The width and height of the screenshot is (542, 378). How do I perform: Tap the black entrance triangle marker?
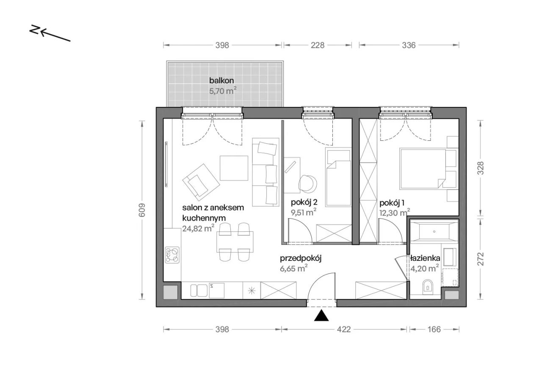pos(321,315)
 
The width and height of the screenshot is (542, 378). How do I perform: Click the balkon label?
pos(221,80)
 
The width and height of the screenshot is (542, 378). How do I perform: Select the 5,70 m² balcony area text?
pos(223,90)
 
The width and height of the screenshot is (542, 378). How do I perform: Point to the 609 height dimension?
pos(141,210)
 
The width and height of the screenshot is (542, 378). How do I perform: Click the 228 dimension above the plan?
pos(318,45)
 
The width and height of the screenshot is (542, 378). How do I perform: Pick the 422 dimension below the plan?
pos(343,329)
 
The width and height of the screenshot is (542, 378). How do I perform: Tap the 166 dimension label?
pos(434,329)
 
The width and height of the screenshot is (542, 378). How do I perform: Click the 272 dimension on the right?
pos(481,259)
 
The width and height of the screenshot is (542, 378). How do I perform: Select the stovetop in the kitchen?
pos(172,255)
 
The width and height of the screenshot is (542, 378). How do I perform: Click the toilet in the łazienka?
pos(428,288)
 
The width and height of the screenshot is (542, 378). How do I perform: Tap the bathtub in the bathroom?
pos(434,232)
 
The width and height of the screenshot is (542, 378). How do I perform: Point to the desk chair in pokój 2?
pos(308,183)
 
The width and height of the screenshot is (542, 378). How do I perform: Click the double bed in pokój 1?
pos(423,168)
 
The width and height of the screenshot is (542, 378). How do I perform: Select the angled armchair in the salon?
pos(201,182)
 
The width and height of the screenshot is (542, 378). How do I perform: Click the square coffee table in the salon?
pos(234,168)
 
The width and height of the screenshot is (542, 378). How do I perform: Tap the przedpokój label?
pos(301,259)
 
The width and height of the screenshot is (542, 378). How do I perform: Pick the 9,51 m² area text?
pos(304,212)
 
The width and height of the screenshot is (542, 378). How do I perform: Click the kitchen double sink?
pos(199,290)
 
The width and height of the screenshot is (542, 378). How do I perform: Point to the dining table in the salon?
pos(235,242)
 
